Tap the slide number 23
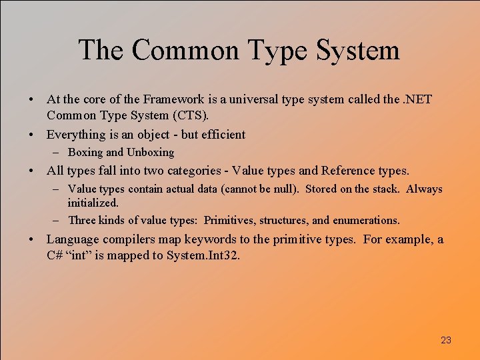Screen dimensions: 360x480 tap(446, 340)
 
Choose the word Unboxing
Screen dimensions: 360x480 tap(150, 152)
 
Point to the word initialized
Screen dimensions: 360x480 tap(93, 203)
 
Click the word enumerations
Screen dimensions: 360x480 tap(367, 220)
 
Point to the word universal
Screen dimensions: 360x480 tap(256, 99)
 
